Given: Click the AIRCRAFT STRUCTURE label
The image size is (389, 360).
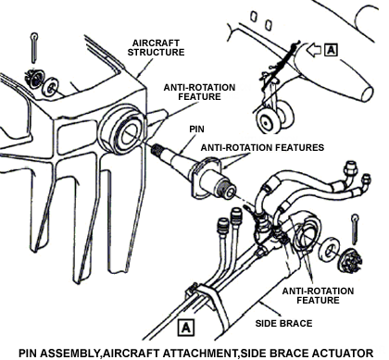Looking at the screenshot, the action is pos(156,47).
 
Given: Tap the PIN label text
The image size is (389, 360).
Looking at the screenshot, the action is pos(196,129).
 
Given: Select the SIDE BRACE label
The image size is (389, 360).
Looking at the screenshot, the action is pos(283,323).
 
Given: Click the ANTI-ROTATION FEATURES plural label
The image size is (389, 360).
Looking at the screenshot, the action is pos(262,147).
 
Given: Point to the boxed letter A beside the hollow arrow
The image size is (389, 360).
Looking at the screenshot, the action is pos(331,50).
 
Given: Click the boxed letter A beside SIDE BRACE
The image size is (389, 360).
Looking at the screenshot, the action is pos(186,328).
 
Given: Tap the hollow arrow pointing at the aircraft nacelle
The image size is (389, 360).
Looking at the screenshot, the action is pos(313,50).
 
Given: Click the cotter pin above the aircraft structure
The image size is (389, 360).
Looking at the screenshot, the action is pos(34,47).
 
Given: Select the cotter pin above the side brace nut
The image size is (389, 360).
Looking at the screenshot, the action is pos(356,229).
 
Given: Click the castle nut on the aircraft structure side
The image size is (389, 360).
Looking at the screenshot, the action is pos(34,79).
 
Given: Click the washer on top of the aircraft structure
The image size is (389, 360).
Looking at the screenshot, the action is pos(50,87).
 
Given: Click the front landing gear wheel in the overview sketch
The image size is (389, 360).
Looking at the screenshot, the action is pos(267,121).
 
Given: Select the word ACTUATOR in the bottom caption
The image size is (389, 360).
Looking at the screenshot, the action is pos(342,353).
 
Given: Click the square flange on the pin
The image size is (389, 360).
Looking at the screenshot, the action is pos(207,177).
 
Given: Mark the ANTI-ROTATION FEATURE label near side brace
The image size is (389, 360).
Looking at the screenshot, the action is pos(318,295).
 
